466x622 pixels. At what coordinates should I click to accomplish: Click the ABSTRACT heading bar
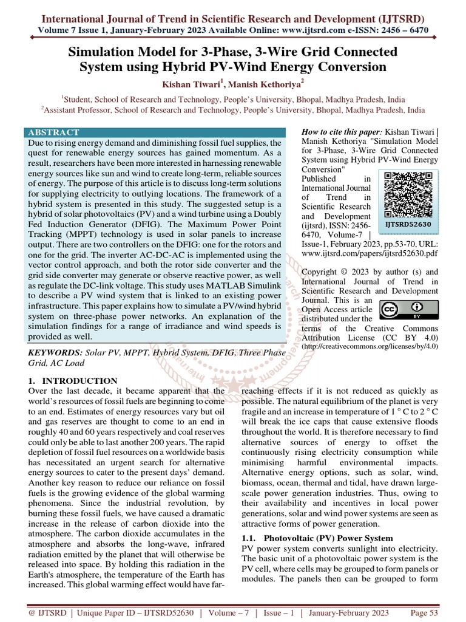(x=155, y=132)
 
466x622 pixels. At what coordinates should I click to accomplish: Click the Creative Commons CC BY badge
(x=400, y=311)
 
